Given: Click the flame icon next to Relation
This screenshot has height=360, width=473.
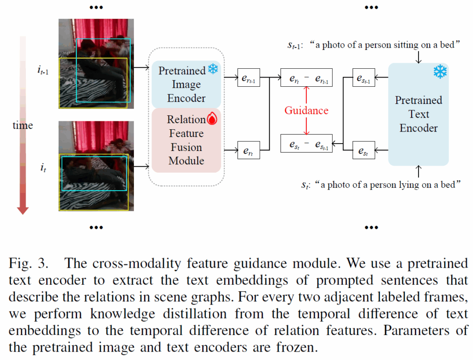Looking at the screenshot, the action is point(212,119).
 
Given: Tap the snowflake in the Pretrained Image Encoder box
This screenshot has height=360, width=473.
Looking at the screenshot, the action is point(213,69).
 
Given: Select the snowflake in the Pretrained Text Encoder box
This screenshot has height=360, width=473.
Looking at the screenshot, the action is point(440,72).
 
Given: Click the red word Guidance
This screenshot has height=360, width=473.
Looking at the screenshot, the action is point(306,110).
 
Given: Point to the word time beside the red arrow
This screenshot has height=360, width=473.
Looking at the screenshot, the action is point(23,125).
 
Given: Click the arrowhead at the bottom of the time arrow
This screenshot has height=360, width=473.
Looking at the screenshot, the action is point(23,210).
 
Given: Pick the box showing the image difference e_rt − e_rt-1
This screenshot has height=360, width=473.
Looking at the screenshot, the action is point(307,78).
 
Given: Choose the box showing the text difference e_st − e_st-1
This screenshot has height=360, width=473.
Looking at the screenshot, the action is point(307,144).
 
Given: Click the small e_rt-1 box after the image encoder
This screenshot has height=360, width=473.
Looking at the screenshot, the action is point(249,78).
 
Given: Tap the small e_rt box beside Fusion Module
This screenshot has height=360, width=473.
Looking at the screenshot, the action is point(249,150).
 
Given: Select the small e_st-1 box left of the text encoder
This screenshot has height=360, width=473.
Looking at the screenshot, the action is point(364,78).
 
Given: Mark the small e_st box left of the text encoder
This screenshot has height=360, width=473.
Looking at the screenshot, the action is point(364,150).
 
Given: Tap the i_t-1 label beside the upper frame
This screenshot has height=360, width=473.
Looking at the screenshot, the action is point(43,71).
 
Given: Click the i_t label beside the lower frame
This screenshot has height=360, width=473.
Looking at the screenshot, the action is point(43,168).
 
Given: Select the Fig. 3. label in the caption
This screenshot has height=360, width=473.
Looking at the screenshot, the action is point(28,263).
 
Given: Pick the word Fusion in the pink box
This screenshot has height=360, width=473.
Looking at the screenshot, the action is point(187,147).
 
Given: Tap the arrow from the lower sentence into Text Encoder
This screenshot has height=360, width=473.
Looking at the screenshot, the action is point(418,171).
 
